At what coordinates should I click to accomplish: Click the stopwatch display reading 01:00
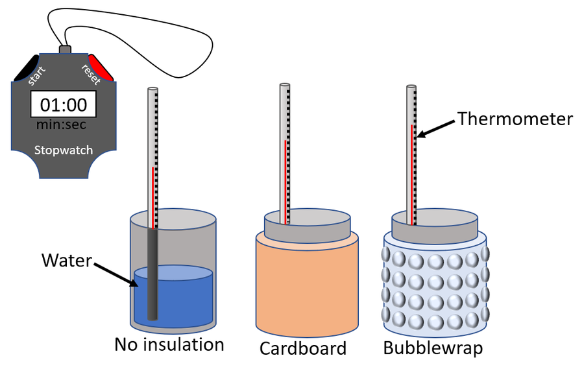[x=63, y=104]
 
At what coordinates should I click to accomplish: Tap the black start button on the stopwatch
[x=26, y=69]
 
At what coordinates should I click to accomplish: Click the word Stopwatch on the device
[x=63, y=150]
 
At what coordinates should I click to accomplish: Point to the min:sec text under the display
[x=62, y=124]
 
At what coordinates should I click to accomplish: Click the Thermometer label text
[x=515, y=119]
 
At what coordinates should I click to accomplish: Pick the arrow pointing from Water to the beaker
[x=116, y=272]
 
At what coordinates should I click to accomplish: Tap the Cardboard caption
[x=303, y=348]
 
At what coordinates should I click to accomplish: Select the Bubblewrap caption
[x=433, y=348]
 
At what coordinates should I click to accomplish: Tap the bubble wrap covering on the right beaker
[x=435, y=285]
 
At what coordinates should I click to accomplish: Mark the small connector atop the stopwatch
[x=64, y=49]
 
